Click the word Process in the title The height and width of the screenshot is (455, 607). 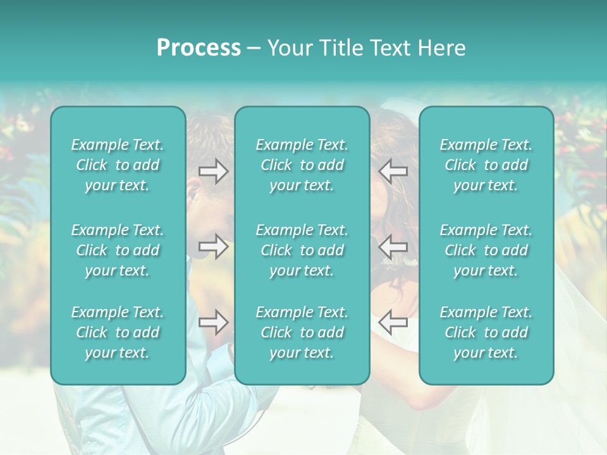(199, 48)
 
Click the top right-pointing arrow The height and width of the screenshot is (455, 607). (213, 171)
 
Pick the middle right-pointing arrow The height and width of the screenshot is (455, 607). (213, 246)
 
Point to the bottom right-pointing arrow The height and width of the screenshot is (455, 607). (213, 322)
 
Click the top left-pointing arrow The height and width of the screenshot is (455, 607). (393, 171)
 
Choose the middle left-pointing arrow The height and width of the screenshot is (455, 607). (393, 246)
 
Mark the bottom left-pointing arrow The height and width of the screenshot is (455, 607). (393, 322)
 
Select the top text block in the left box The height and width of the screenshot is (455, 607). (118, 165)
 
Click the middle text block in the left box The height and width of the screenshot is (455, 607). (118, 250)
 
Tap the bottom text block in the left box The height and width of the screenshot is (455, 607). (118, 332)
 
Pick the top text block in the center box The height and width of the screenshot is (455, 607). (302, 165)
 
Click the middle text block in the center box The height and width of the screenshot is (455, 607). (302, 250)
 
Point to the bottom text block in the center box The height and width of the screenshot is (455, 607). (302, 332)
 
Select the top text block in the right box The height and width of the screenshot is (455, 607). (486, 165)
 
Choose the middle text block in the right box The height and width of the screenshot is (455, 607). (486, 250)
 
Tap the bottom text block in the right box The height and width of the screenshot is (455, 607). (486, 332)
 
